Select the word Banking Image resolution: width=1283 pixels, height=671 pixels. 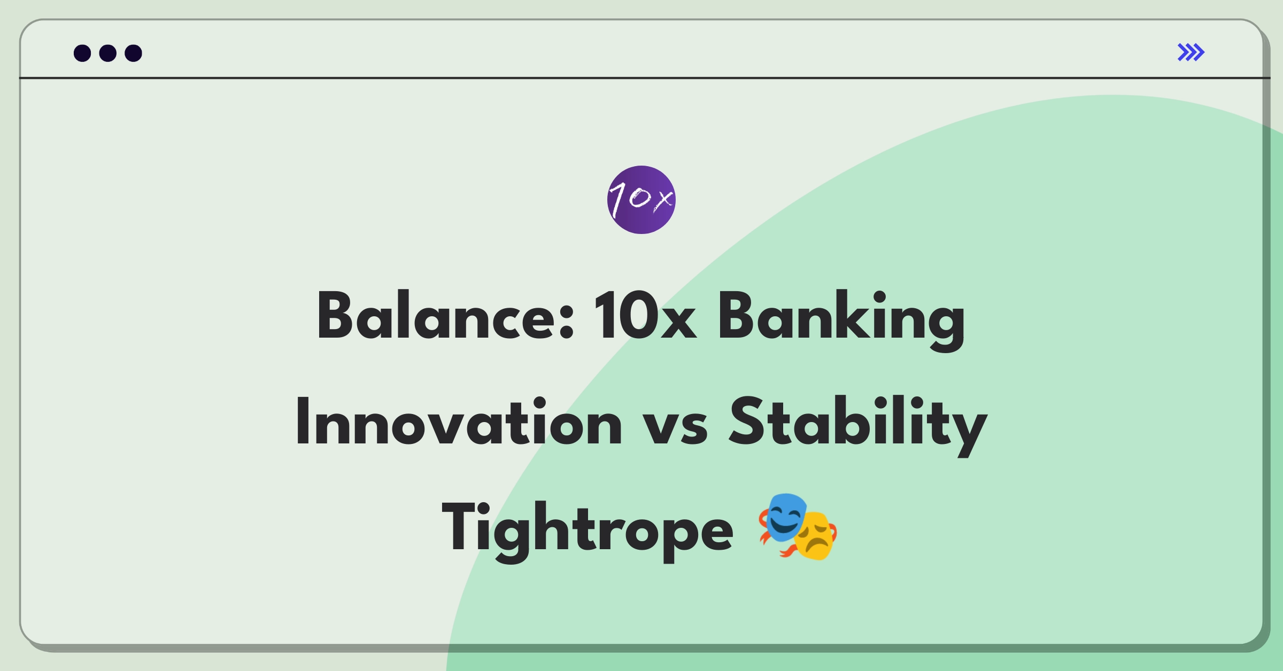click(x=841, y=320)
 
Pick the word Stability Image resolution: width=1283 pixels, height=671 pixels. click(x=859, y=426)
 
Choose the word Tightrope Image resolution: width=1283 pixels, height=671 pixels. click(x=588, y=532)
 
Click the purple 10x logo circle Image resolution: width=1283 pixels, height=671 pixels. click(x=641, y=200)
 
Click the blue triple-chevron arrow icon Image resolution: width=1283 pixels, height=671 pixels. click(x=1191, y=52)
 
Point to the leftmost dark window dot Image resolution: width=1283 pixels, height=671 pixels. click(x=82, y=53)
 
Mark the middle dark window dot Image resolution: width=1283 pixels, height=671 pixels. click(x=108, y=53)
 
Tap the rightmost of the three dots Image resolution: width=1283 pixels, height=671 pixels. click(x=133, y=53)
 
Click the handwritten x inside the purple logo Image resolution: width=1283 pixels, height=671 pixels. click(x=663, y=200)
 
